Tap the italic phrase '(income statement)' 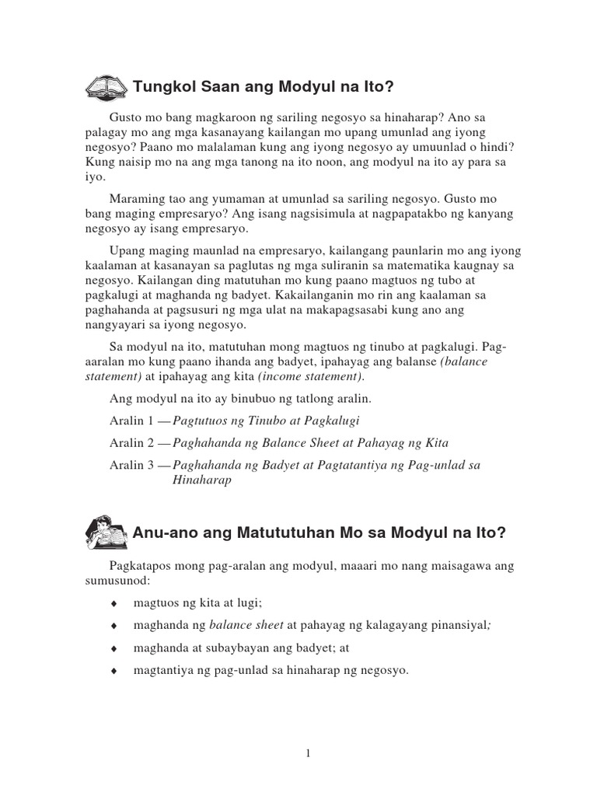point(311,377)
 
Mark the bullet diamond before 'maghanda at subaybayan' point(114,648)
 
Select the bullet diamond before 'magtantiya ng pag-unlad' point(114,670)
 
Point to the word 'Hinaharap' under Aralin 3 point(201,480)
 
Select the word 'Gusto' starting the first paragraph point(127,116)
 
